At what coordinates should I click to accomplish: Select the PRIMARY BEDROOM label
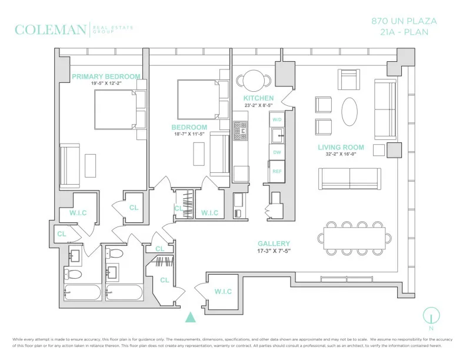pos(106,76)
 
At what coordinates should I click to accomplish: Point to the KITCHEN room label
pos(258,98)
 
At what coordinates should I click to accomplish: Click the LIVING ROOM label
pos(341,148)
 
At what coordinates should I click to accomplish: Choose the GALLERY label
pos(274,244)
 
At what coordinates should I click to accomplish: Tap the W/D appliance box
pos(277,120)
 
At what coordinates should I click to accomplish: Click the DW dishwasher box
pos(277,152)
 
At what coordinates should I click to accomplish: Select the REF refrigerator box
pos(277,171)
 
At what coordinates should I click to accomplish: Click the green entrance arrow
pos(190,318)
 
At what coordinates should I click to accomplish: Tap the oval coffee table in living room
pos(349,111)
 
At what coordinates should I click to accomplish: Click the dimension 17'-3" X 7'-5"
pos(274,251)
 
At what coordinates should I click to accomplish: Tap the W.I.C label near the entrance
pos(223,292)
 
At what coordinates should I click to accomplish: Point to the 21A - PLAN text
pos(404,32)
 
